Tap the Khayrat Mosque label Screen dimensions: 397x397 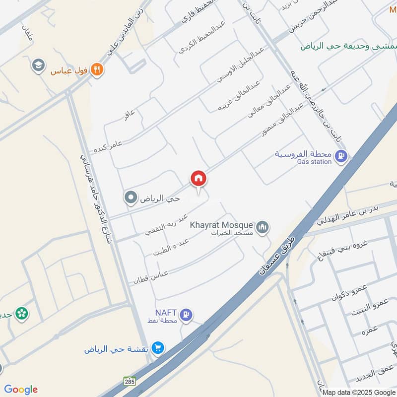(x=222, y=224)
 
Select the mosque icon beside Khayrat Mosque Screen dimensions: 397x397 (x=263, y=227)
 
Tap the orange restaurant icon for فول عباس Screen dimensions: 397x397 (x=97, y=69)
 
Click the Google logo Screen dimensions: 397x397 (x=21, y=390)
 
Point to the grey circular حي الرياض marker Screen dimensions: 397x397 (x=131, y=198)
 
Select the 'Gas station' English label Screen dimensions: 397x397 (x=314, y=162)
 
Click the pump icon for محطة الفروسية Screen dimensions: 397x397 (x=341, y=157)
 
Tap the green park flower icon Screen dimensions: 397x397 (x=21, y=313)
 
